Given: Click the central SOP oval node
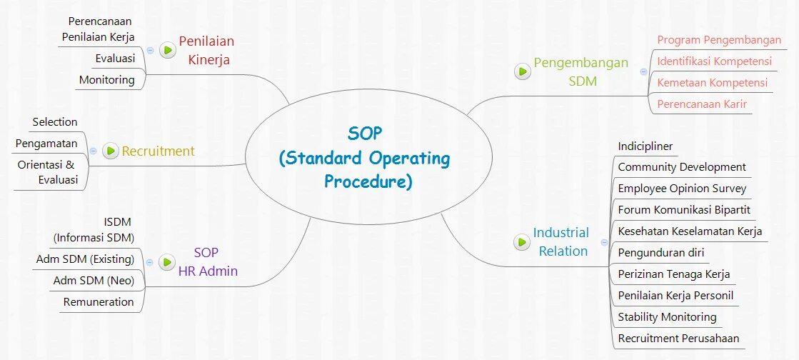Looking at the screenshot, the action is pos(368,158).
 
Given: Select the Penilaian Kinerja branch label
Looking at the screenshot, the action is pos(207,50).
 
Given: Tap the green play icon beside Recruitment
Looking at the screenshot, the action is pos(111,151).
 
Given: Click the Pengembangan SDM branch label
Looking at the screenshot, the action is pos(582,71).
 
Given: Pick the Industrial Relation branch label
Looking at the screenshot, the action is pos(562,241).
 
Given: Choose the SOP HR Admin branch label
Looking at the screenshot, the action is pos(206,261).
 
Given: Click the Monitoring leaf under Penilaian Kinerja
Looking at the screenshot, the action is pos(106,79).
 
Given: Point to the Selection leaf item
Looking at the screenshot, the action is pos(55,122).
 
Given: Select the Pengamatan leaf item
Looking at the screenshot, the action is pos(46,144).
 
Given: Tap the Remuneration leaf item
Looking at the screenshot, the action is pos(99,301).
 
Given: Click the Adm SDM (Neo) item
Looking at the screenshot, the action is pos(94,280).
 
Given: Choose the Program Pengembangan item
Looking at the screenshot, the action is pos(719,40).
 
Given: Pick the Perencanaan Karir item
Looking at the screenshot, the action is pos(702,104).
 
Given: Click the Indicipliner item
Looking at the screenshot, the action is pos(645,146).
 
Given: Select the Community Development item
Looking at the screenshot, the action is pos(682,167).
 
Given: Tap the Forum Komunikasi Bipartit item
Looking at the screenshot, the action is pos(684,209).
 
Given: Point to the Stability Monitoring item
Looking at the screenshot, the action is pos(667,316).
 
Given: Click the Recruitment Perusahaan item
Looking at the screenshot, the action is pos(678,338).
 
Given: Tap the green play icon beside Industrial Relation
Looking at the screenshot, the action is pos(523,242).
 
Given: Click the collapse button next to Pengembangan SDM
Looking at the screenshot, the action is pos(643,71).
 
